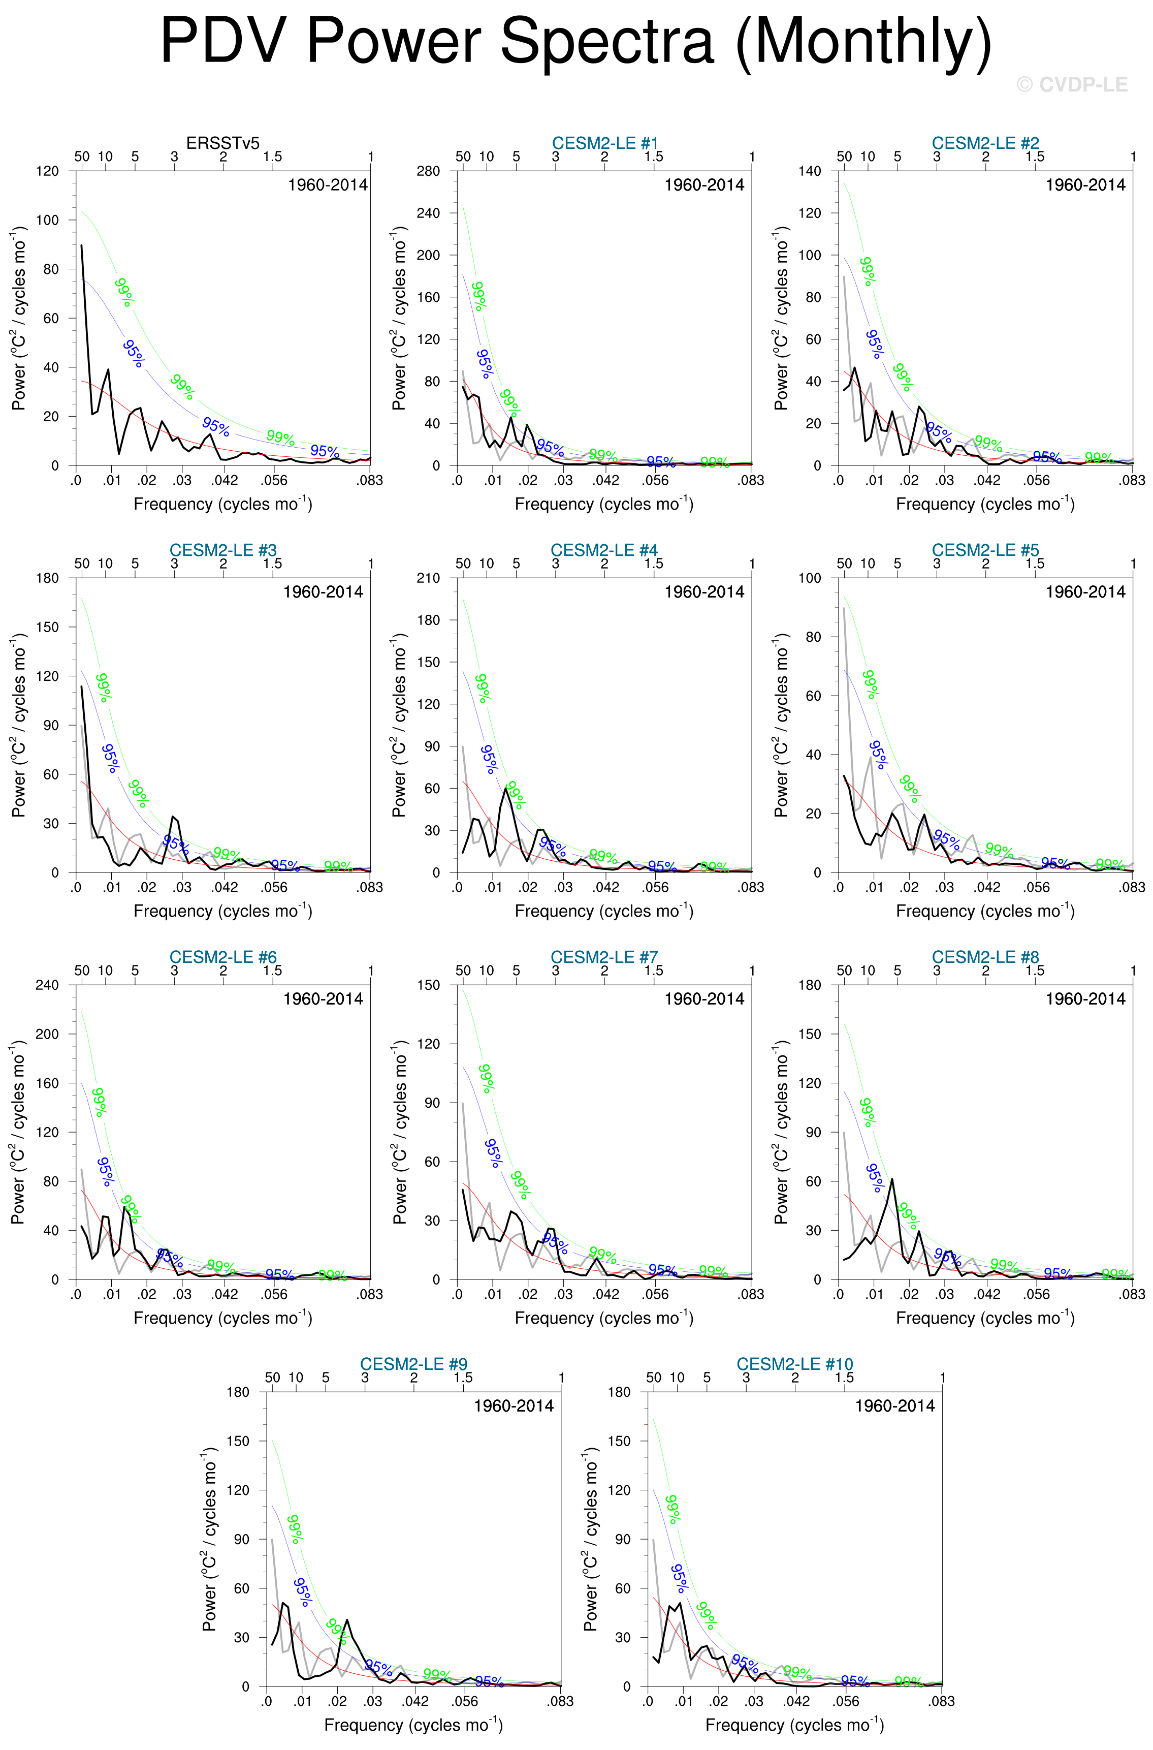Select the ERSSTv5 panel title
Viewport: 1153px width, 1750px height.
(223, 143)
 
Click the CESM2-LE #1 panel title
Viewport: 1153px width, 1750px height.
(604, 143)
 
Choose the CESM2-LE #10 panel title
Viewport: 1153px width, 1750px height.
(795, 1364)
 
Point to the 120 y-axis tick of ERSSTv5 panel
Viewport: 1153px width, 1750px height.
(48, 171)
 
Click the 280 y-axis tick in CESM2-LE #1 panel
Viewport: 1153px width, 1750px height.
(428, 171)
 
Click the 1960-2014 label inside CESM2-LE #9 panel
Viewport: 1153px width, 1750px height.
(513, 1405)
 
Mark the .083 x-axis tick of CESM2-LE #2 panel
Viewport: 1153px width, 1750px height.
(1132, 480)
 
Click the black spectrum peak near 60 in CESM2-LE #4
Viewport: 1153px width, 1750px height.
(506, 788)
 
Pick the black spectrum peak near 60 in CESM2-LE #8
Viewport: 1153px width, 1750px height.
(892, 1179)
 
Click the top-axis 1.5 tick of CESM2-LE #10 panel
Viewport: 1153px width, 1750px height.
(844, 1377)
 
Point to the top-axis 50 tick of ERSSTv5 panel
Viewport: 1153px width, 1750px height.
(82, 156)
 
